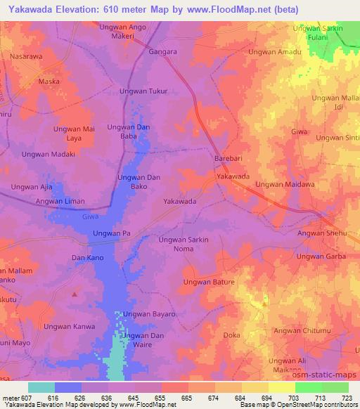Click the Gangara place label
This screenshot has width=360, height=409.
pyautogui.click(x=162, y=52)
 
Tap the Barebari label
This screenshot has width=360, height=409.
pyautogui.click(x=229, y=160)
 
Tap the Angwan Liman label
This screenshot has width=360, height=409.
pyautogui.click(x=60, y=202)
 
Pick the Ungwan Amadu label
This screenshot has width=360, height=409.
pyautogui.click(x=275, y=52)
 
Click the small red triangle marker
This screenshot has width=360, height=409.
pyautogui.click(x=74, y=294)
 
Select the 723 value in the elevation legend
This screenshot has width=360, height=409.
pyautogui.click(x=347, y=397)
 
